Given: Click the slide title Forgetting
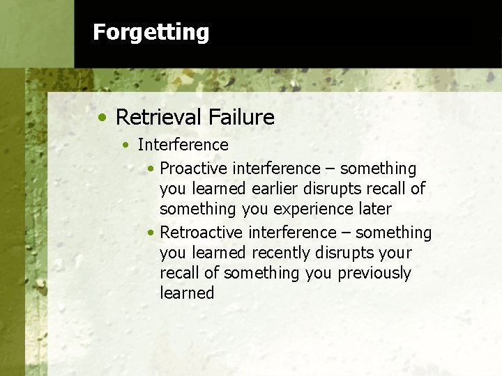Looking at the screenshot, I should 151,32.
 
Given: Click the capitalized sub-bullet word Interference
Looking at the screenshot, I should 183,145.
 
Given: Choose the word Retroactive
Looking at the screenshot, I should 201,233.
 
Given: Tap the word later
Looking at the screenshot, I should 375,209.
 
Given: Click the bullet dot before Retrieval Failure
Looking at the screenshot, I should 102,118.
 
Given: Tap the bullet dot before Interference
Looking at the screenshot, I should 125,146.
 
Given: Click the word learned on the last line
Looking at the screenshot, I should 187,293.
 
